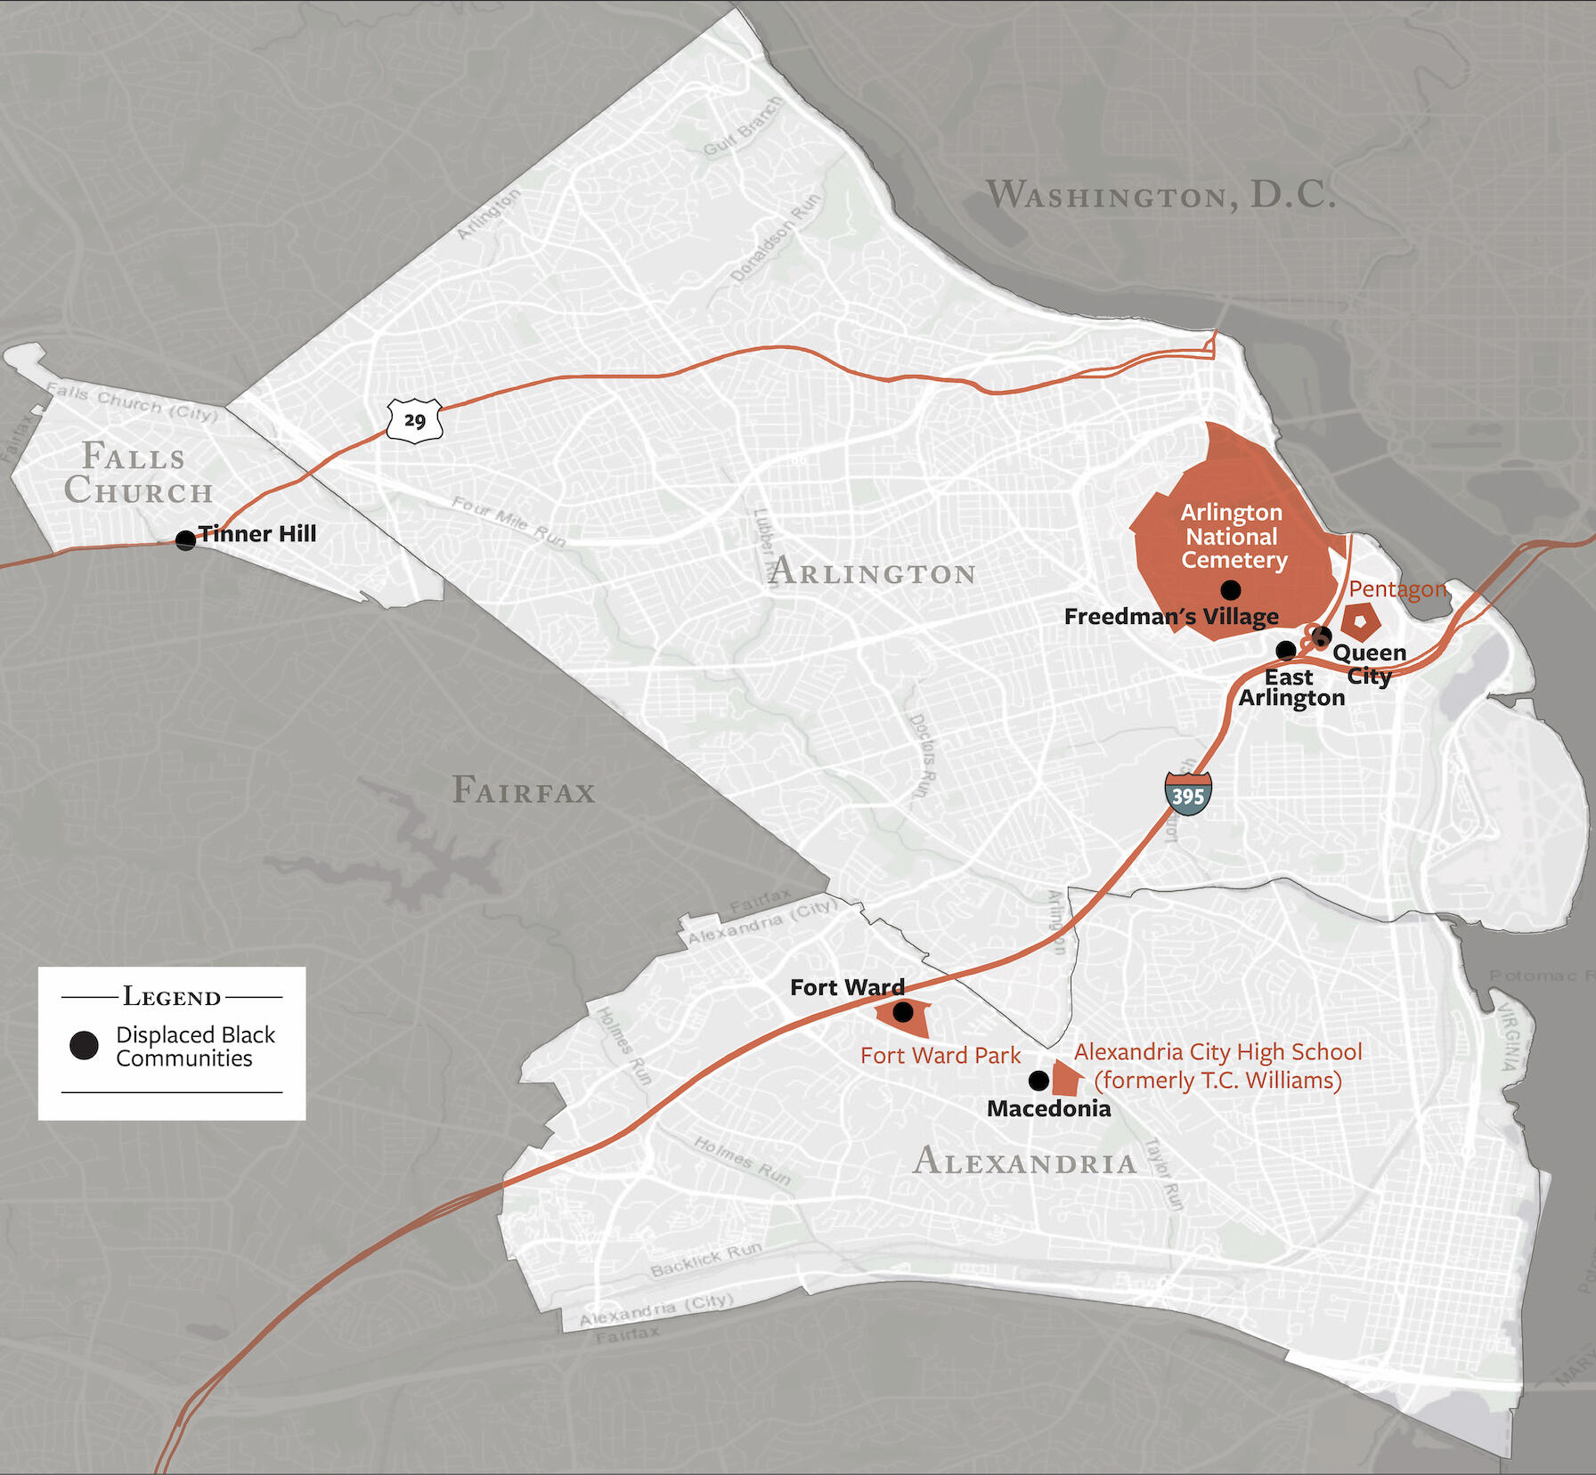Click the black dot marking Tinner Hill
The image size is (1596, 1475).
[185, 539]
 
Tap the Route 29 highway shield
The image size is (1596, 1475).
[415, 420]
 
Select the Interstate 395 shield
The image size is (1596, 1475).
[1188, 795]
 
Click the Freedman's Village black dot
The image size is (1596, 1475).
[1230, 588]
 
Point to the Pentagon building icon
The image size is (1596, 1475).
[1361, 620]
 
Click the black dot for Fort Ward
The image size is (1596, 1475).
[903, 1012]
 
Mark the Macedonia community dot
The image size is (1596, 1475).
[1038, 1081]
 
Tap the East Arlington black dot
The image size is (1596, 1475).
[1286, 650]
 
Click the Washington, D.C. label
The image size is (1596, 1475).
[1160, 195]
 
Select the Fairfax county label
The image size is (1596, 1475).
[524, 790]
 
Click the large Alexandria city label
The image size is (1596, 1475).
[1025, 1162]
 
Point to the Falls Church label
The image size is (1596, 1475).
[138, 474]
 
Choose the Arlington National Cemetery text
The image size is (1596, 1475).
[1234, 536]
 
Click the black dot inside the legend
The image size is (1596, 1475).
[85, 1045]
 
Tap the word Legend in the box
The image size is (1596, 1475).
[172, 996]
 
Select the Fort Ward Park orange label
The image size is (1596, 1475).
[940, 1056]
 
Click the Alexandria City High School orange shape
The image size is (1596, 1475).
[1066, 1078]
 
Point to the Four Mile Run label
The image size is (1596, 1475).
[508, 521]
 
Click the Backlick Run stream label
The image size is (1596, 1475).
[705, 1260]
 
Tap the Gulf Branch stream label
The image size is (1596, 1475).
[743, 126]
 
